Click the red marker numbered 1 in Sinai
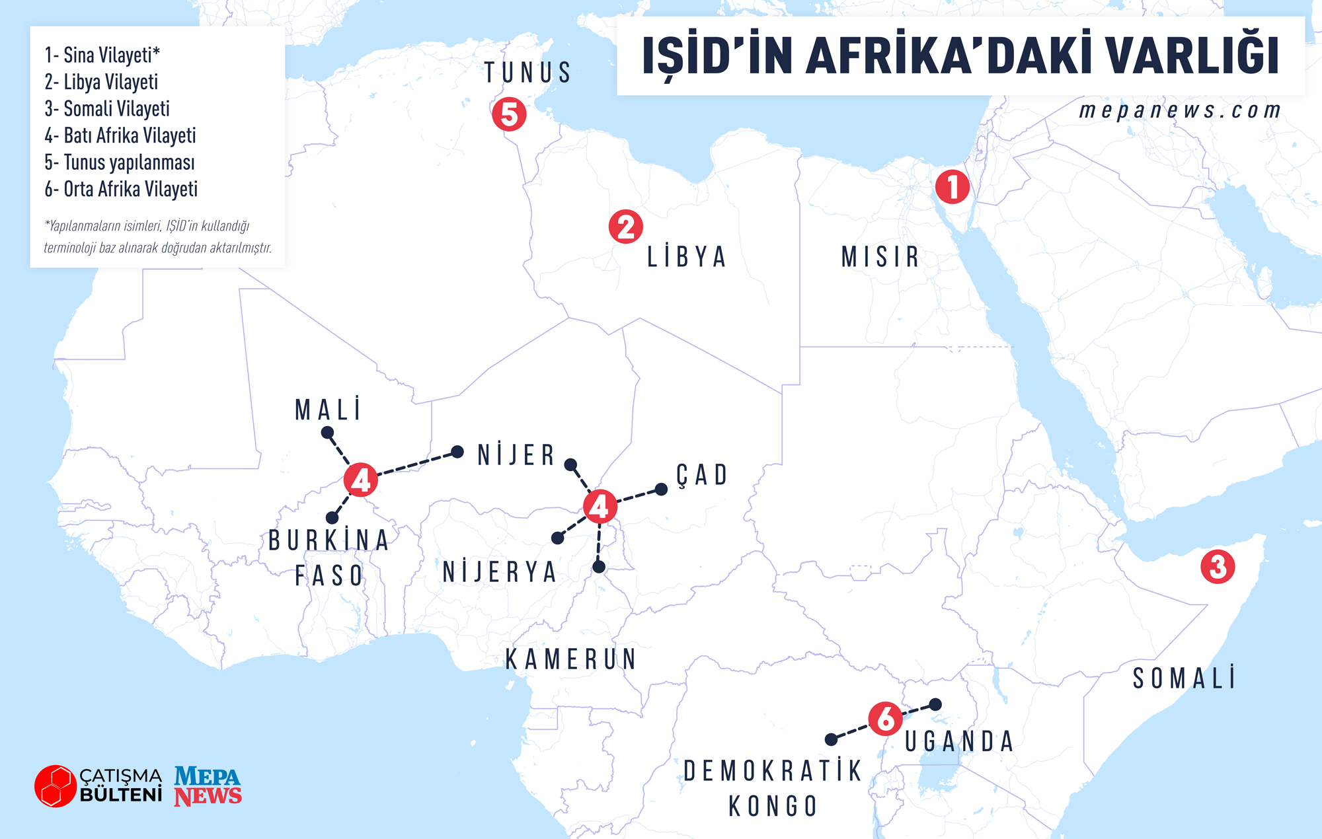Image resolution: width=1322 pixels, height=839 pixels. [x=952, y=187]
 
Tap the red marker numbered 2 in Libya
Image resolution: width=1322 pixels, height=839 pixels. [x=625, y=227]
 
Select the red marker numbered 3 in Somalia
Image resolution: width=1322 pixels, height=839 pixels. [x=1218, y=567]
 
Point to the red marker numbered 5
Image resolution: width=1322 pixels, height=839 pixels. [x=509, y=114]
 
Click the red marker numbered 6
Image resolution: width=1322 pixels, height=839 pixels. [x=886, y=718]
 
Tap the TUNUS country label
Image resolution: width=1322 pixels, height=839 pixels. [x=527, y=73]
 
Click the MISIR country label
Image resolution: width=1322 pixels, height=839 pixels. [x=880, y=257]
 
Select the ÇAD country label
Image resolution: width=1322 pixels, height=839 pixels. [x=702, y=475]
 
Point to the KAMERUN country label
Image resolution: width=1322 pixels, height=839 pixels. [x=570, y=659]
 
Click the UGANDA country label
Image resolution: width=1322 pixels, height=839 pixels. [x=959, y=742]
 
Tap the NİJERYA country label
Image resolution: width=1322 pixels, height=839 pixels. [x=500, y=572]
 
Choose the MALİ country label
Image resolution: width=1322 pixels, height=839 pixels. [x=329, y=410]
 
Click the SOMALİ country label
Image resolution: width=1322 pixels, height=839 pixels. [x=1184, y=678]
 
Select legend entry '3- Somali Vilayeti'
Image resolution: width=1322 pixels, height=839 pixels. [x=107, y=108]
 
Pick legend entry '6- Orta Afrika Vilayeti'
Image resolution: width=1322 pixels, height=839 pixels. [x=121, y=189]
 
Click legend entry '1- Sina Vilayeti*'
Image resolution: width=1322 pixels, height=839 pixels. [x=102, y=55]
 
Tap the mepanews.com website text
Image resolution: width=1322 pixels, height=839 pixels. [x=1180, y=110]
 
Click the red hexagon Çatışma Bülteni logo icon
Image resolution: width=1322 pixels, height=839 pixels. [x=56, y=786]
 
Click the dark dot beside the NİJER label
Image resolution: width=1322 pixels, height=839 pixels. [x=457, y=452]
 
